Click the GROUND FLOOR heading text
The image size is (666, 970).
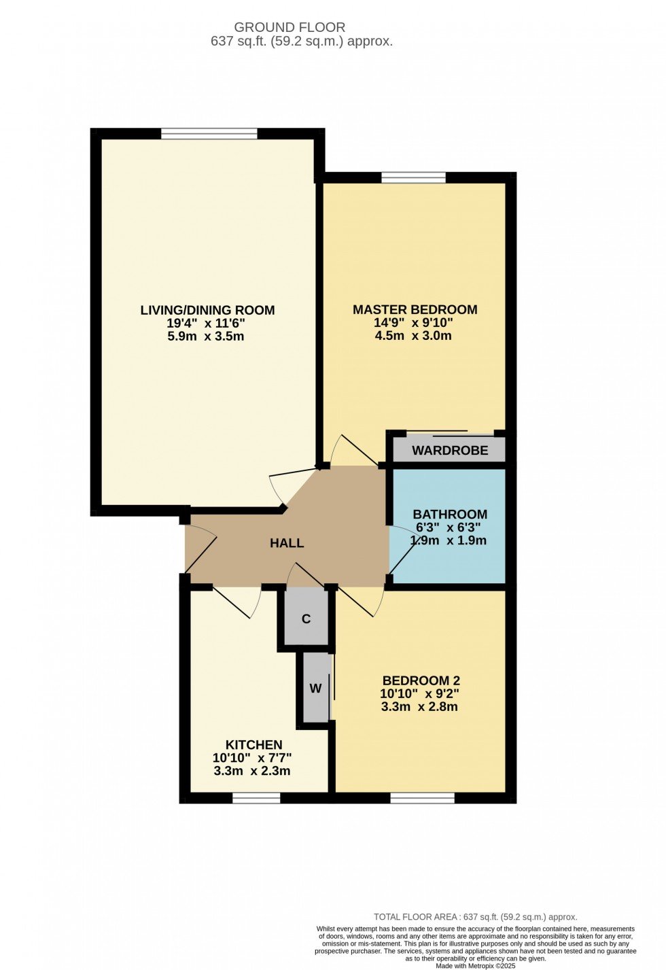coord(290,27)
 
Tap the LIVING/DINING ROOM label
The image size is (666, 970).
coord(207,310)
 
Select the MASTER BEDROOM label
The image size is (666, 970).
coord(415,309)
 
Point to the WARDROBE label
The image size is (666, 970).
coord(450,451)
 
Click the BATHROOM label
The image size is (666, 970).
coord(450,514)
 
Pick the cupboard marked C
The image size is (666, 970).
coord(306,619)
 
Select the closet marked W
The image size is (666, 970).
coord(316,688)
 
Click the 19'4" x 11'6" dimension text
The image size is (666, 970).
coord(206,323)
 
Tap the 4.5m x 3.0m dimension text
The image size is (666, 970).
coord(413,336)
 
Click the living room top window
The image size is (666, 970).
coord(209,133)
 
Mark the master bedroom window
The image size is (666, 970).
coord(414,177)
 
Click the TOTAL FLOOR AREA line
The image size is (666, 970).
coord(476,917)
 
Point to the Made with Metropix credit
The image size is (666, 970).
coord(476,966)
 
